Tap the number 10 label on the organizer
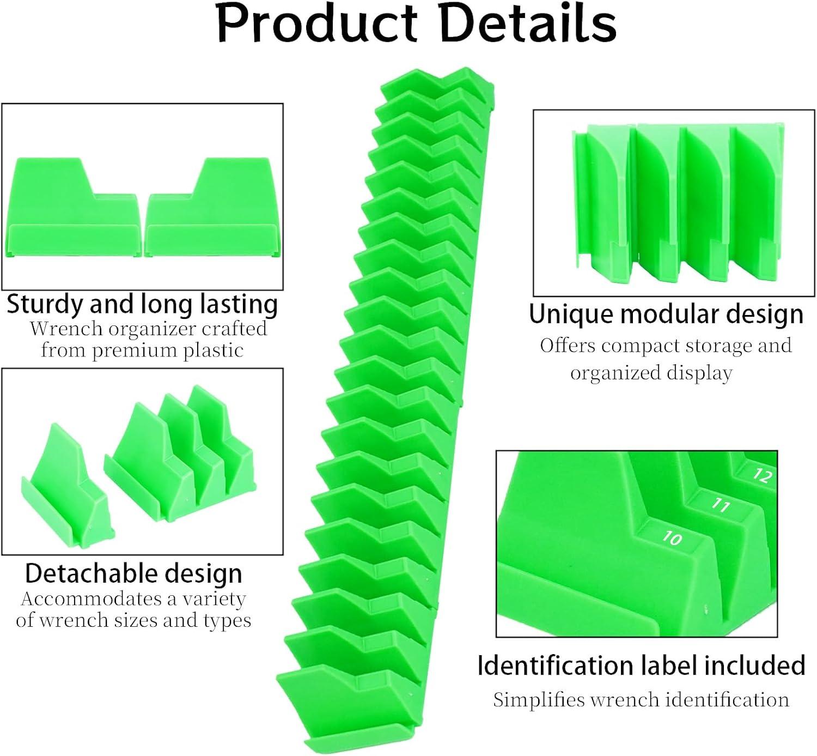[x=672, y=539]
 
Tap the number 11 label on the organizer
[x=720, y=505]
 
